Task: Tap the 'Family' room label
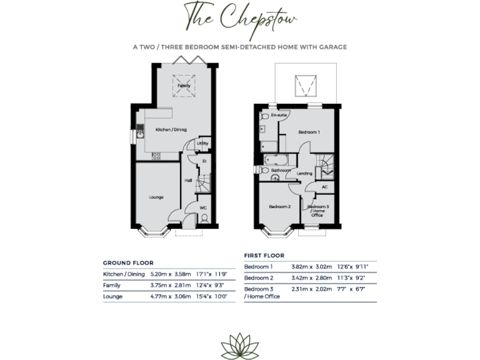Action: click(x=184, y=85)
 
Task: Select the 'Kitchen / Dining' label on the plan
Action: click(x=171, y=129)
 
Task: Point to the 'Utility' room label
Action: click(x=202, y=144)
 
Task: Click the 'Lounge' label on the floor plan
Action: click(x=156, y=197)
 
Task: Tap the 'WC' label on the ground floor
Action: click(x=203, y=207)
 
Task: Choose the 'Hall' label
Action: click(x=187, y=181)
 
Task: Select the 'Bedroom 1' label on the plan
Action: click(x=309, y=132)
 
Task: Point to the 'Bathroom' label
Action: click(x=280, y=170)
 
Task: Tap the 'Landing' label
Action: click(x=304, y=174)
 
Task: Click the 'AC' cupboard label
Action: click(x=324, y=187)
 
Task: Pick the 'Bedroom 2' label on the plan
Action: click(x=279, y=207)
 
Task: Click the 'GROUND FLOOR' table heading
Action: click(x=128, y=263)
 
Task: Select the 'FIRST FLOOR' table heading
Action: click(x=264, y=256)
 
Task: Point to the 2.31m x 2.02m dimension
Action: click(x=309, y=289)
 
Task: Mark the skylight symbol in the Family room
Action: click(x=184, y=86)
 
